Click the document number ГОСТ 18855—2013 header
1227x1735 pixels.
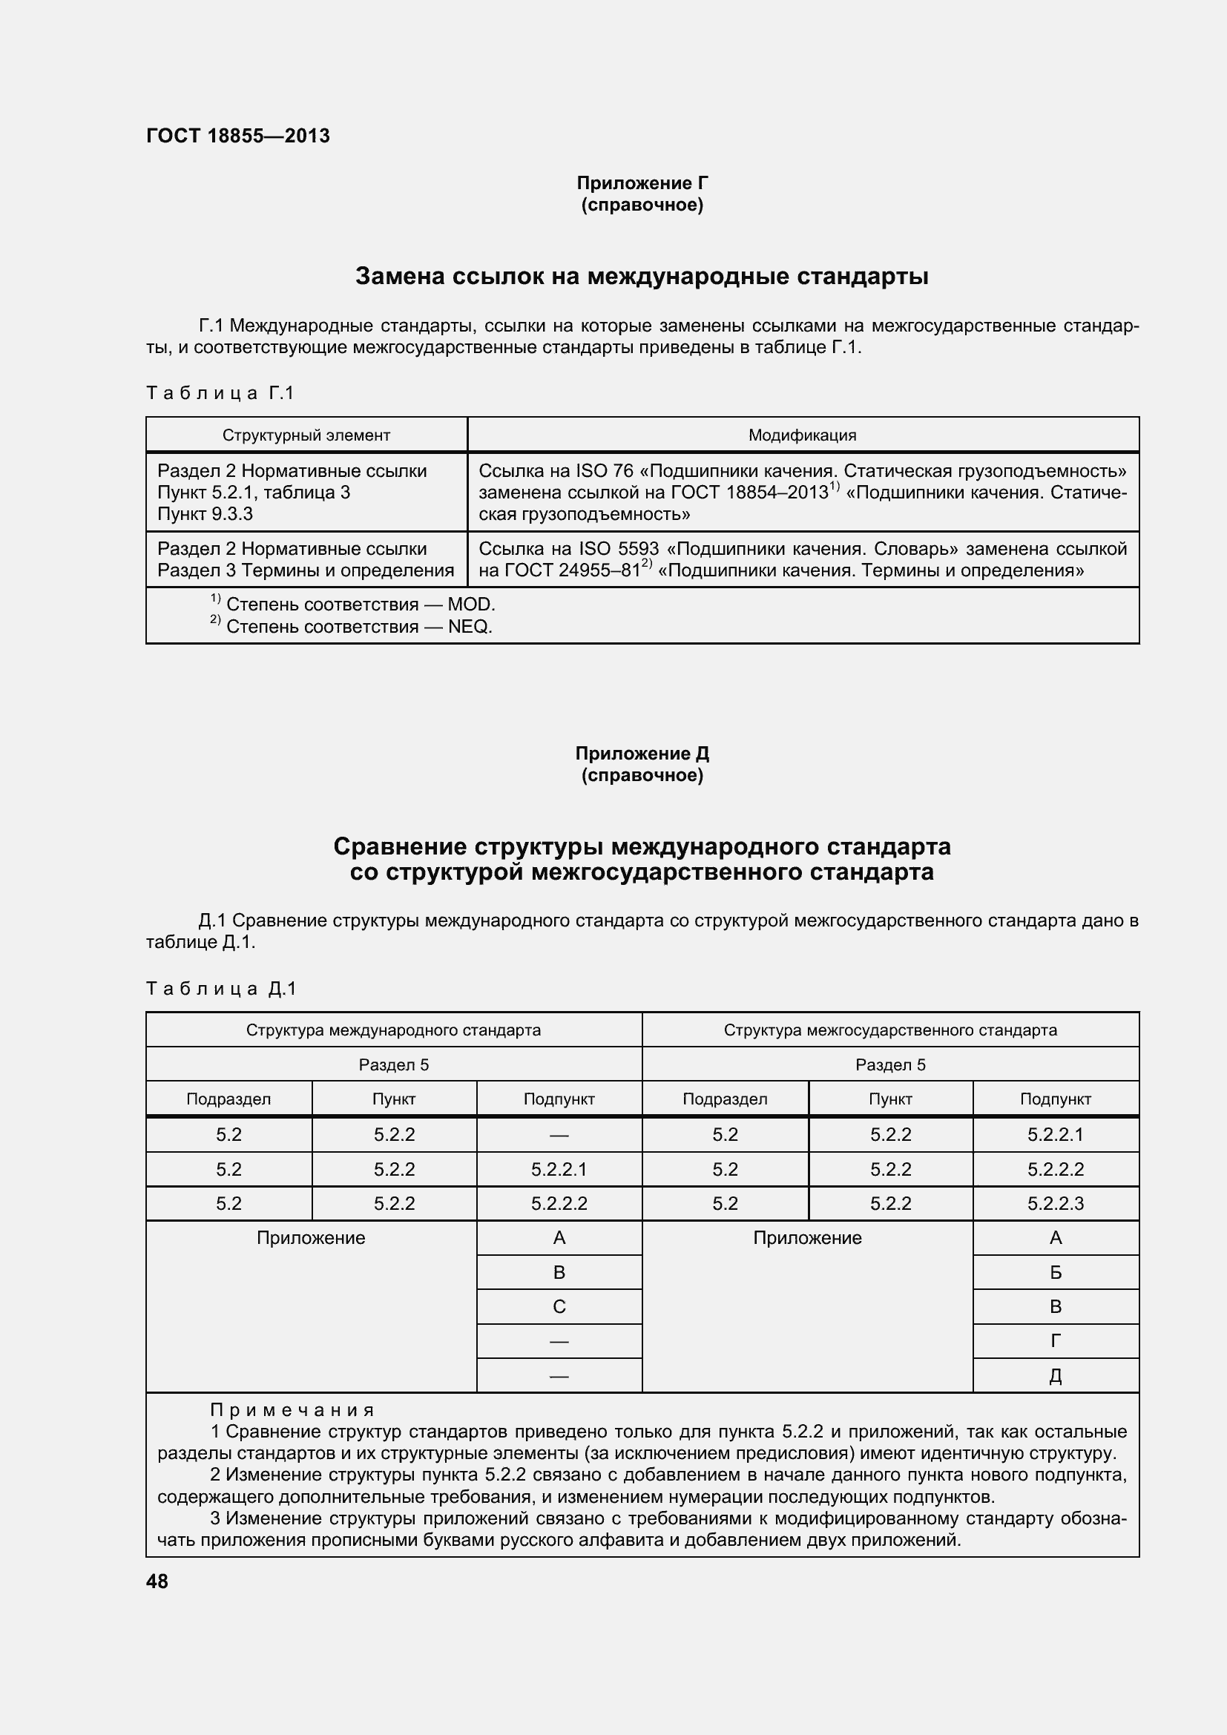[238, 136]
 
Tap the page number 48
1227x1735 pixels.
[157, 1581]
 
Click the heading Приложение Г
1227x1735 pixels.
[642, 183]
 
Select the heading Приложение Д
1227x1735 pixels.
[642, 754]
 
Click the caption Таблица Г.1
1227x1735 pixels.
[220, 393]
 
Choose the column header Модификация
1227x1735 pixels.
[803, 435]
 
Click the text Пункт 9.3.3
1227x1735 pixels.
[205, 514]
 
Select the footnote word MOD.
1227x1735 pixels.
[471, 605]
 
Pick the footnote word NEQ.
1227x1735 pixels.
[469, 627]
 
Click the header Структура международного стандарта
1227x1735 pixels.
[393, 1030]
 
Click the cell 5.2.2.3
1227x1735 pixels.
[1056, 1204]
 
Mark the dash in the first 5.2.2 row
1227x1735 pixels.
[559, 1135]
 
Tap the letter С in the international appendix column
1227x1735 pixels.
[559, 1306]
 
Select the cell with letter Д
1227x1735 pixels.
[1056, 1376]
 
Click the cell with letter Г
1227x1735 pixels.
[1056, 1341]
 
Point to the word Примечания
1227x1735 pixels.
[292, 1410]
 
